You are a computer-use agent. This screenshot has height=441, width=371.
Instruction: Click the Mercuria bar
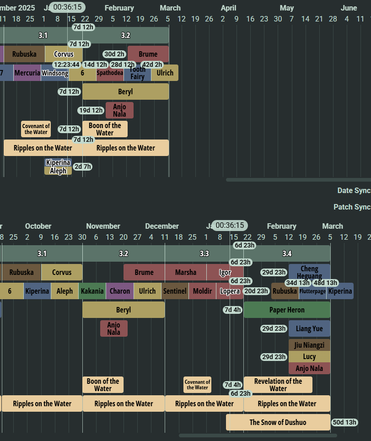tap(27, 73)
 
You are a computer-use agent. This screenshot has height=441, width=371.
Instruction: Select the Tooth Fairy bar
tap(137, 73)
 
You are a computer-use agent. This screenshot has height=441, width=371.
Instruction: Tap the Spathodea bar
tap(110, 73)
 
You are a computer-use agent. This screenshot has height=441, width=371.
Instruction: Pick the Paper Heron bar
tap(287, 310)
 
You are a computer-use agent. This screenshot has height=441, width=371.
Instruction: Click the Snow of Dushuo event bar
tap(278, 422)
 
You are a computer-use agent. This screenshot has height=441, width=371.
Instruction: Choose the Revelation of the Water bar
tap(278, 385)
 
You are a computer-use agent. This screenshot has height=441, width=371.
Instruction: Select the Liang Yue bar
tap(309, 328)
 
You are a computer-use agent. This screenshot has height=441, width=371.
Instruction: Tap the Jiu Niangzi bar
tap(309, 345)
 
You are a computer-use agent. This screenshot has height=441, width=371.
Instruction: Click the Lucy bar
tap(309, 357)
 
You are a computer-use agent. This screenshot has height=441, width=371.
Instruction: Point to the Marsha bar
tap(185, 272)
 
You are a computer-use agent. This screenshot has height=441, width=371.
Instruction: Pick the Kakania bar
tap(92, 291)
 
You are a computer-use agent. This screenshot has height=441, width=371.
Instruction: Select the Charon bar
tap(120, 291)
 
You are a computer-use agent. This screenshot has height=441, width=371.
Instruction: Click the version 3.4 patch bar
tap(287, 253)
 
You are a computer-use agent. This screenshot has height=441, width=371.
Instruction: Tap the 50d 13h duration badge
tap(344, 422)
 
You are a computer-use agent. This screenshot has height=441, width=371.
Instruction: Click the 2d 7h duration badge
tap(82, 167)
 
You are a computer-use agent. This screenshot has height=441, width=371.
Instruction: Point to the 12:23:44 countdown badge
tap(66, 65)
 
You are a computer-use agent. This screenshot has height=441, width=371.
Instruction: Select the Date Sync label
tap(354, 191)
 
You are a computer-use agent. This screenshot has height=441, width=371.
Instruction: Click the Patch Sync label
tap(352, 207)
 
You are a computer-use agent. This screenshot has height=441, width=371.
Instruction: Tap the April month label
tap(228, 8)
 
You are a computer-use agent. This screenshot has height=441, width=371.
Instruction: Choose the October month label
tap(38, 226)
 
